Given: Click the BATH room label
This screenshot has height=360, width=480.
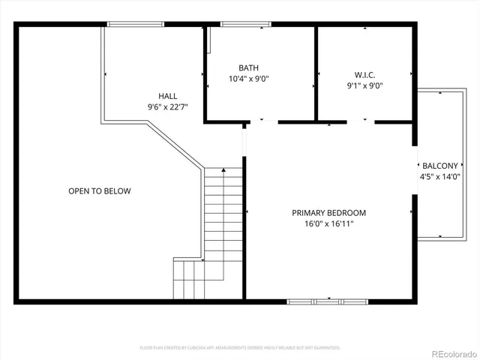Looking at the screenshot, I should (x=248, y=67).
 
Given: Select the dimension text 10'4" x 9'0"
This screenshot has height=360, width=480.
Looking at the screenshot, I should (x=248, y=78).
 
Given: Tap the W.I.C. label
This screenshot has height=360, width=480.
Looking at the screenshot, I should (x=364, y=74).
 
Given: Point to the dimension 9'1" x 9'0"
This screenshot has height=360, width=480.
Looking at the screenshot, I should (x=364, y=85).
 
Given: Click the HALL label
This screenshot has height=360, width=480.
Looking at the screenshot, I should (x=167, y=96).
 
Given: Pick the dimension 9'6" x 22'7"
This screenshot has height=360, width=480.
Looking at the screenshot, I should (x=167, y=107).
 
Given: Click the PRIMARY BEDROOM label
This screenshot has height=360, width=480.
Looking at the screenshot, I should (x=329, y=212).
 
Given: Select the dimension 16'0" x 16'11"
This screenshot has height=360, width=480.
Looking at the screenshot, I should (x=329, y=223).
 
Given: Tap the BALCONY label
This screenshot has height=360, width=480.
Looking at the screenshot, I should (x=439, y=166).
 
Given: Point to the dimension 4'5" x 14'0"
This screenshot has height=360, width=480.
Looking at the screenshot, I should (x=439, y=177).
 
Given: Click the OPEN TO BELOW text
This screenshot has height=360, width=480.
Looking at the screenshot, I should (x=100, y=191).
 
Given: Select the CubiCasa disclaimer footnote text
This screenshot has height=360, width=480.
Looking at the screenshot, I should (x=240, y=348).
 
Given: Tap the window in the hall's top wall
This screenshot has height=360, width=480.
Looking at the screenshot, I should (x=136, y=24).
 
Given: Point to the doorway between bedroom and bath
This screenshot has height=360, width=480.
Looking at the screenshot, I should (x=262, y=121).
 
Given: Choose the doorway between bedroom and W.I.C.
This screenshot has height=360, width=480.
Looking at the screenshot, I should (x=364, y=121).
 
